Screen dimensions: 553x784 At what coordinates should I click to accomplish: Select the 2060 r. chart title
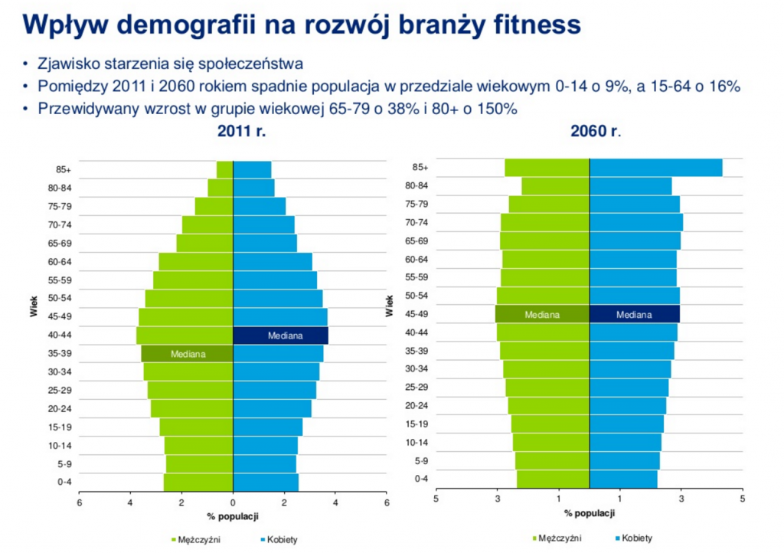coord(595,131)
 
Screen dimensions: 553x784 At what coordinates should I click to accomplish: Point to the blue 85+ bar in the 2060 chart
coord(655,167)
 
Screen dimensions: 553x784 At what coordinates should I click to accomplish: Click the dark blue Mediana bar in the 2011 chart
coord(280,335)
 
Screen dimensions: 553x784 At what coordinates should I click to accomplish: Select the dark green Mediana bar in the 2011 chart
coord(187,354)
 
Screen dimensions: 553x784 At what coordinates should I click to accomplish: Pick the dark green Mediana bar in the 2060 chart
coord(542,314)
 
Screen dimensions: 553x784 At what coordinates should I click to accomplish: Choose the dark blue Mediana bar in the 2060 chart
coord(635,314)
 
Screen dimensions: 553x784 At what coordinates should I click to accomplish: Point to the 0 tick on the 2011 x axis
coord(233,503)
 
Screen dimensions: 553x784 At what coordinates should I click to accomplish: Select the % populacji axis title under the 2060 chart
coord(589,513)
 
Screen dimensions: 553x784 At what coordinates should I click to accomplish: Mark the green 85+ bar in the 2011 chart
coord(224,169)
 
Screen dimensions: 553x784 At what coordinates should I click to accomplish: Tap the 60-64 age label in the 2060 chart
coord(416,259)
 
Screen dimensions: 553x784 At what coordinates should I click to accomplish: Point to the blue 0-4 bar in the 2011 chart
coord(266,482)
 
